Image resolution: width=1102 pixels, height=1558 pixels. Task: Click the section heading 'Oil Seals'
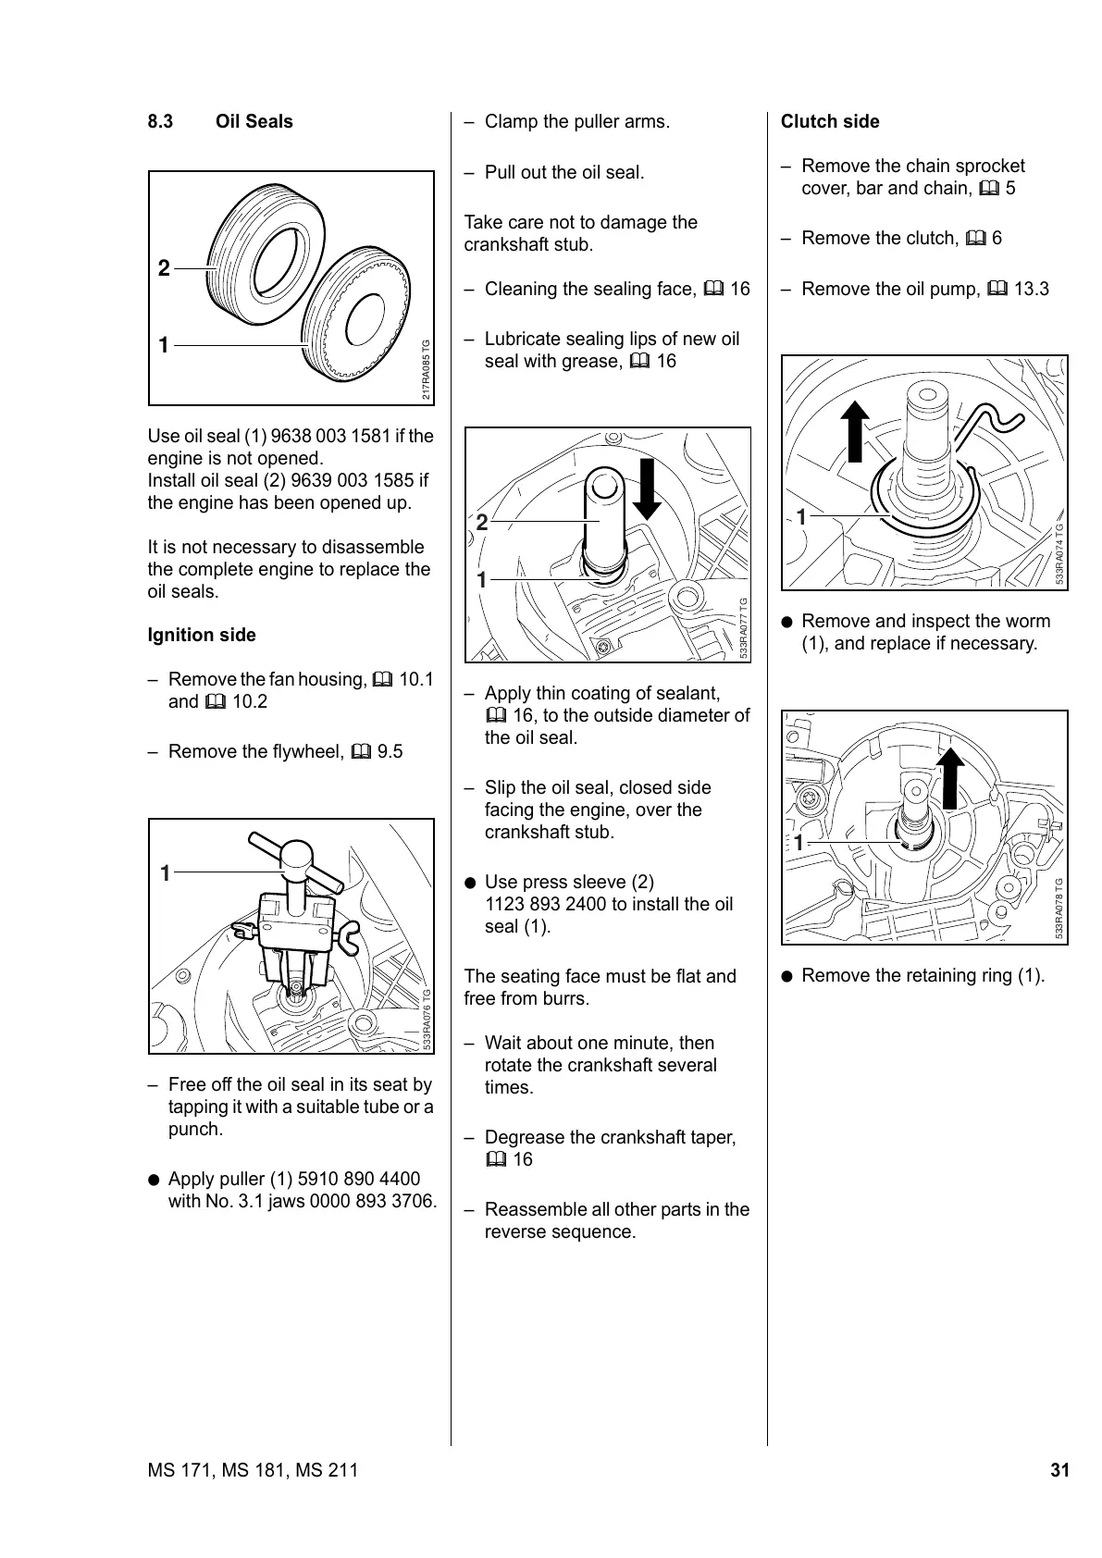[x=254, y=122]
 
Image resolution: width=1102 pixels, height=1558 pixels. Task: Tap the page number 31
[x=1059, y=1470]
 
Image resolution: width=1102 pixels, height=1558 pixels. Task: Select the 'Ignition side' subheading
[x=202, y=636]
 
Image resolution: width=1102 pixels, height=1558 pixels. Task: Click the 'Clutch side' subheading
[x=830, y=122]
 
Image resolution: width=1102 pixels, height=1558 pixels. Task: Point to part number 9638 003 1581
[x=331, y=437]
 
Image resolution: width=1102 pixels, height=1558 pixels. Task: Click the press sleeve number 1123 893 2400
[x=556, y=905]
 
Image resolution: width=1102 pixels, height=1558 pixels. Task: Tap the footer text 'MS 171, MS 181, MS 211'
[x=253, y=1470]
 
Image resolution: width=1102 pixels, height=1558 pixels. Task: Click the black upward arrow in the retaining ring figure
[x=948, y=777]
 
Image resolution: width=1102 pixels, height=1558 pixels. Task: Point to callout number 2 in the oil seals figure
[x=164, y=269]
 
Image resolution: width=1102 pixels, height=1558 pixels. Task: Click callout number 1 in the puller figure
[x=165, y=872]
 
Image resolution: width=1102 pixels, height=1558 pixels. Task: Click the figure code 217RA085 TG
[x=426, y=369]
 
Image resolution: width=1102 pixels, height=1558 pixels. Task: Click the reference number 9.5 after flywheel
[x=390, y=752]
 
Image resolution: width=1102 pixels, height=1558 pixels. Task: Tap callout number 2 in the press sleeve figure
[x=481, y=523]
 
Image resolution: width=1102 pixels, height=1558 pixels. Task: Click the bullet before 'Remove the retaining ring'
[x=786, y=976]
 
